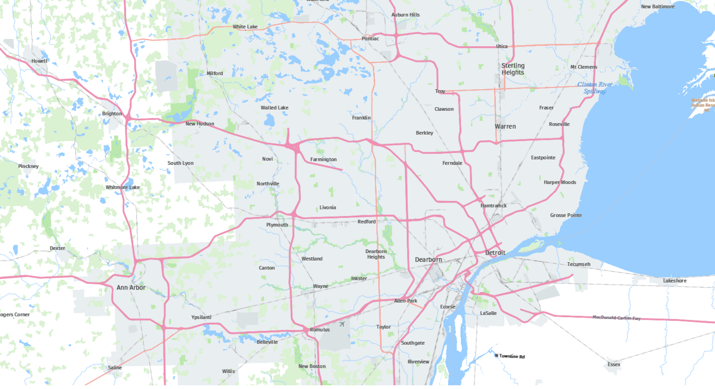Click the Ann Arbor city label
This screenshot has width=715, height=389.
tap(131, 287)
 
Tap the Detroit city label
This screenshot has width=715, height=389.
tap(495, 253)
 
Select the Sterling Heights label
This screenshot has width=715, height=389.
tap(513, 69)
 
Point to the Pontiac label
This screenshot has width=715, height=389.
tap(370, 39)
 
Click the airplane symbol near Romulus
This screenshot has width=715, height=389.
tap(342, 324)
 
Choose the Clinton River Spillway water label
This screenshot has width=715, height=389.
tap(595, 88)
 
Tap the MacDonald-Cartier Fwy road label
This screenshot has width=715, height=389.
tap(616, 318)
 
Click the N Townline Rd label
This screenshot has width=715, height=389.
tap(510, 356)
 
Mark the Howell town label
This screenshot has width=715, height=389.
tap(39, 61)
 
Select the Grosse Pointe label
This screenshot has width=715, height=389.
tap(566, 215)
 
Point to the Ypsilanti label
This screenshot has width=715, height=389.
tap(201, 317)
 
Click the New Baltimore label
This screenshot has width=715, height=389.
tap(658, 7)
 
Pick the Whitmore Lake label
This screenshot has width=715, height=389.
tap(123, 187)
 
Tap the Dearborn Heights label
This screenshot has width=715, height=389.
tap(376, 254)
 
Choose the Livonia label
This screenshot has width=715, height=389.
tap(328, 208)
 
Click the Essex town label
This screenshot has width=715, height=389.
tap(614, 364)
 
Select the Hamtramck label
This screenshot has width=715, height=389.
tap(493, 206)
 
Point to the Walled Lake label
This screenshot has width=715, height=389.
tap(274, 108)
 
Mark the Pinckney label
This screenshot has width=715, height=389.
tap(28, 166)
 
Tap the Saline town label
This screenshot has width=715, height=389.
tap(115, 368)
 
